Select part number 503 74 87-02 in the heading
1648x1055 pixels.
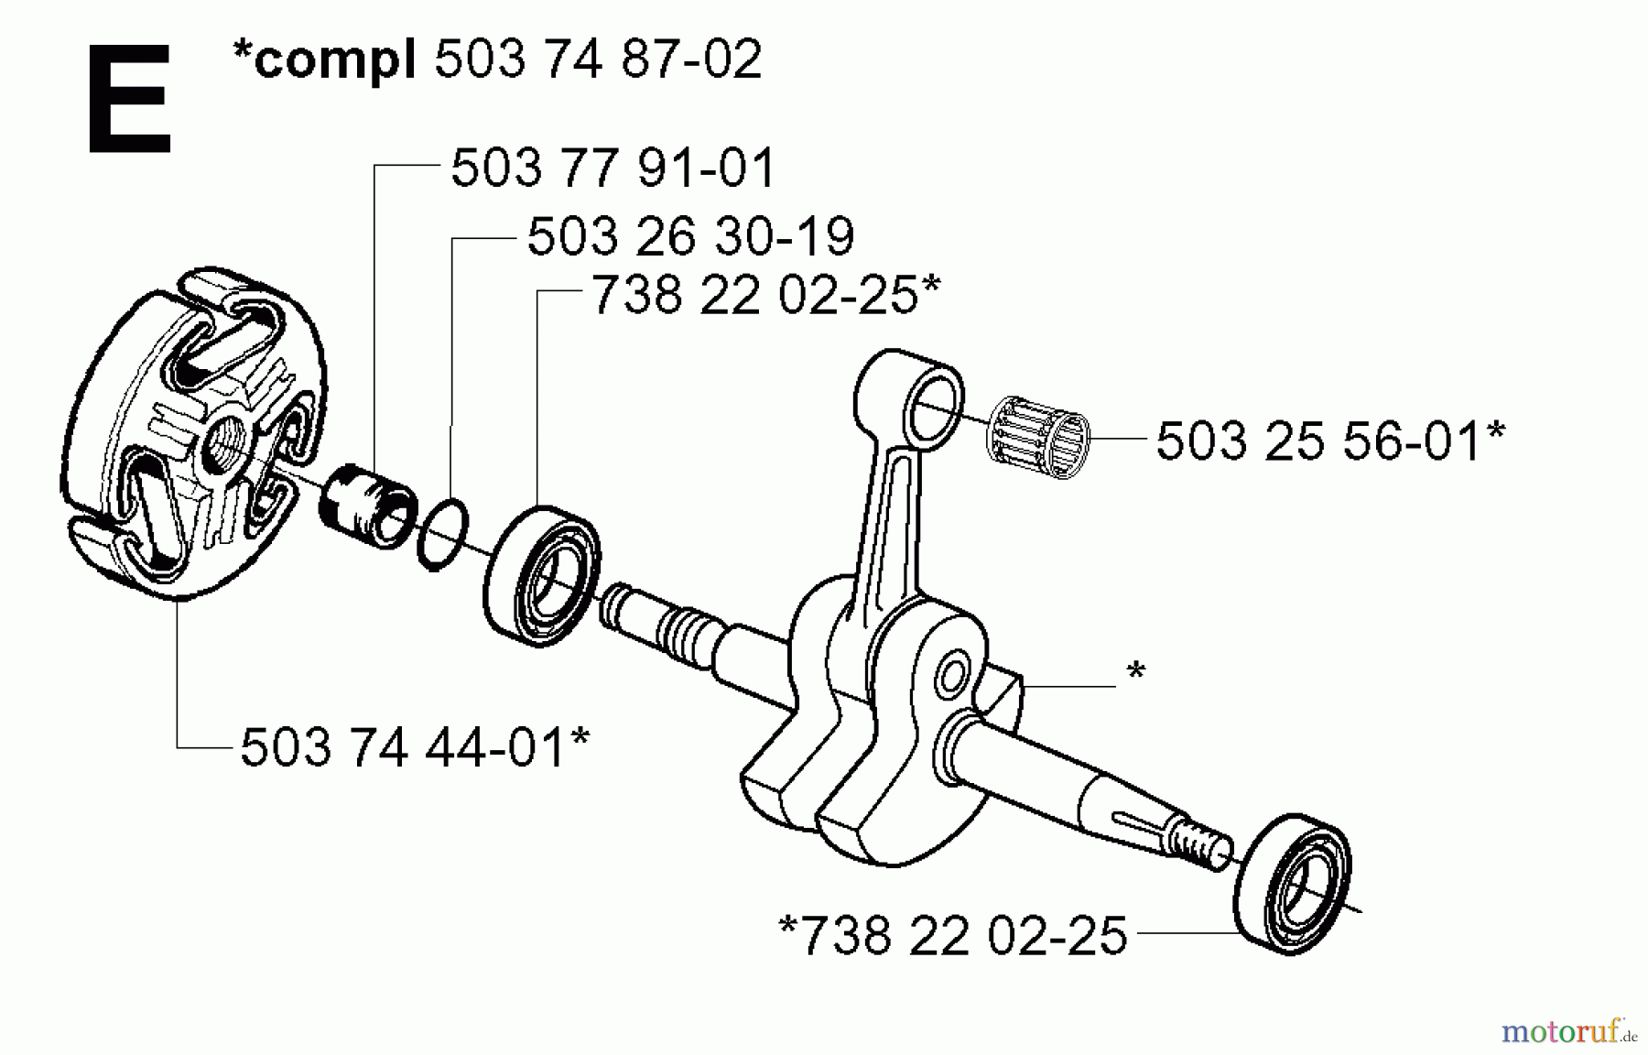(x=597, y=60)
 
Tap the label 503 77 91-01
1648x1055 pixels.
(x=613, y=169)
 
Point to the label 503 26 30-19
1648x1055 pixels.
(x=690, y=236)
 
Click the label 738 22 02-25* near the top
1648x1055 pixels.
(x=765, y=296)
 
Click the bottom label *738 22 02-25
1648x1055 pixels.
(x=952, y=936)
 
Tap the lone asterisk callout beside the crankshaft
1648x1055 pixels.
(x=1135, y=673)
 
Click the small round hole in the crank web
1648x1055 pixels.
(x=950, y=678)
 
